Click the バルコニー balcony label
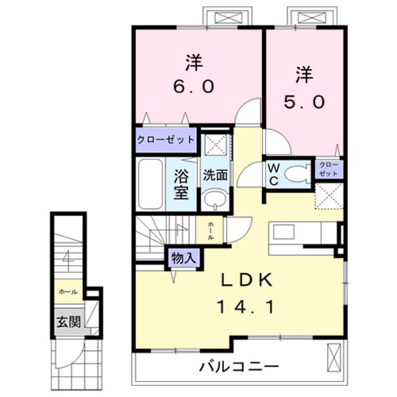coord(239,366)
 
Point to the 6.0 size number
coord(194,86)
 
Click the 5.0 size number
coord(304,101)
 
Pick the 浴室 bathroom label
coord(181,185)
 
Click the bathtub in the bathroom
coord(151,184)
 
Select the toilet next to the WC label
coord(296,173)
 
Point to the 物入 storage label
coord(183,259)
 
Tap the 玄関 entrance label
coord(69,321)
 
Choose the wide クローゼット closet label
coord(165,139)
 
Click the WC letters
coord(275,174)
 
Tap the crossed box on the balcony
coord(333,357)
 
